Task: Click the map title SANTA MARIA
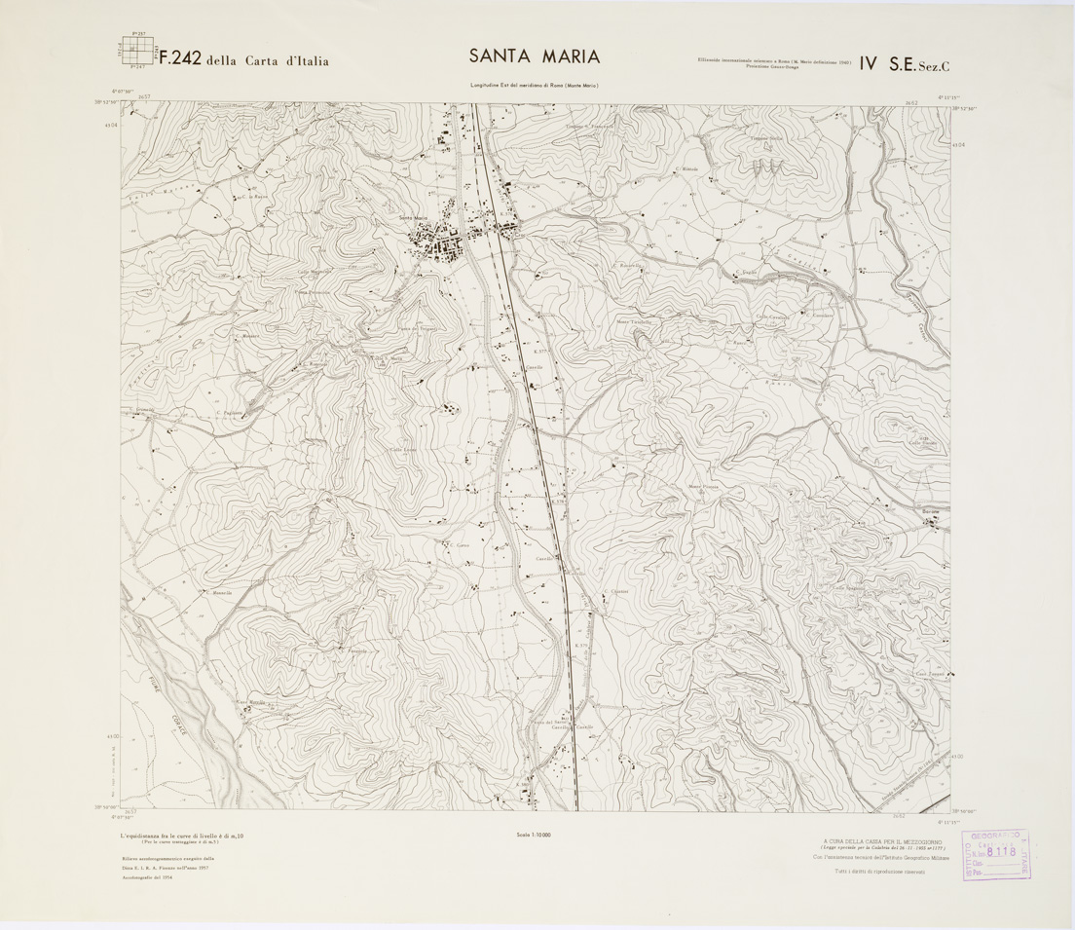click(534, 56)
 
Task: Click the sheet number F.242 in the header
click(179, 58)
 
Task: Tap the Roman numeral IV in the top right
click(863, 63)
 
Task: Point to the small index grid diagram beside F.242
click(135, 53)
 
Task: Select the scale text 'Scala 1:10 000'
click(535, 835)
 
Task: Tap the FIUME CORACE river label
click(173, 703)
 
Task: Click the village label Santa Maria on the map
click(413, 217)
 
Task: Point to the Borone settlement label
click(934, 511)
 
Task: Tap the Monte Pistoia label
click(702, 485)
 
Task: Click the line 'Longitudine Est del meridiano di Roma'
click(534, 86)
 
